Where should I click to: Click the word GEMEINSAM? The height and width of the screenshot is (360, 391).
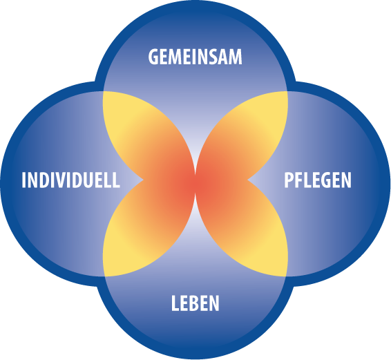tap(195, 57)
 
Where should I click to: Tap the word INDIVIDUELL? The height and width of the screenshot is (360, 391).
tap(71, 180)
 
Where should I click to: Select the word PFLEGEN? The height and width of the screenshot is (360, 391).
tap(318, 180)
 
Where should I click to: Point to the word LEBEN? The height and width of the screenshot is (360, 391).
tap(195, 303)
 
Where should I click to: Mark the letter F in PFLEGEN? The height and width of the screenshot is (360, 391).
tap(300, 180)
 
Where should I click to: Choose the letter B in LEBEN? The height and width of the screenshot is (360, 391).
tap(195, 303)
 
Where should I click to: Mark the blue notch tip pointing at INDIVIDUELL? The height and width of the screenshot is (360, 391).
tap(143, 180)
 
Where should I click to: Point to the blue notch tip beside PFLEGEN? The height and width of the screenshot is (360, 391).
tap(248, 180)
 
